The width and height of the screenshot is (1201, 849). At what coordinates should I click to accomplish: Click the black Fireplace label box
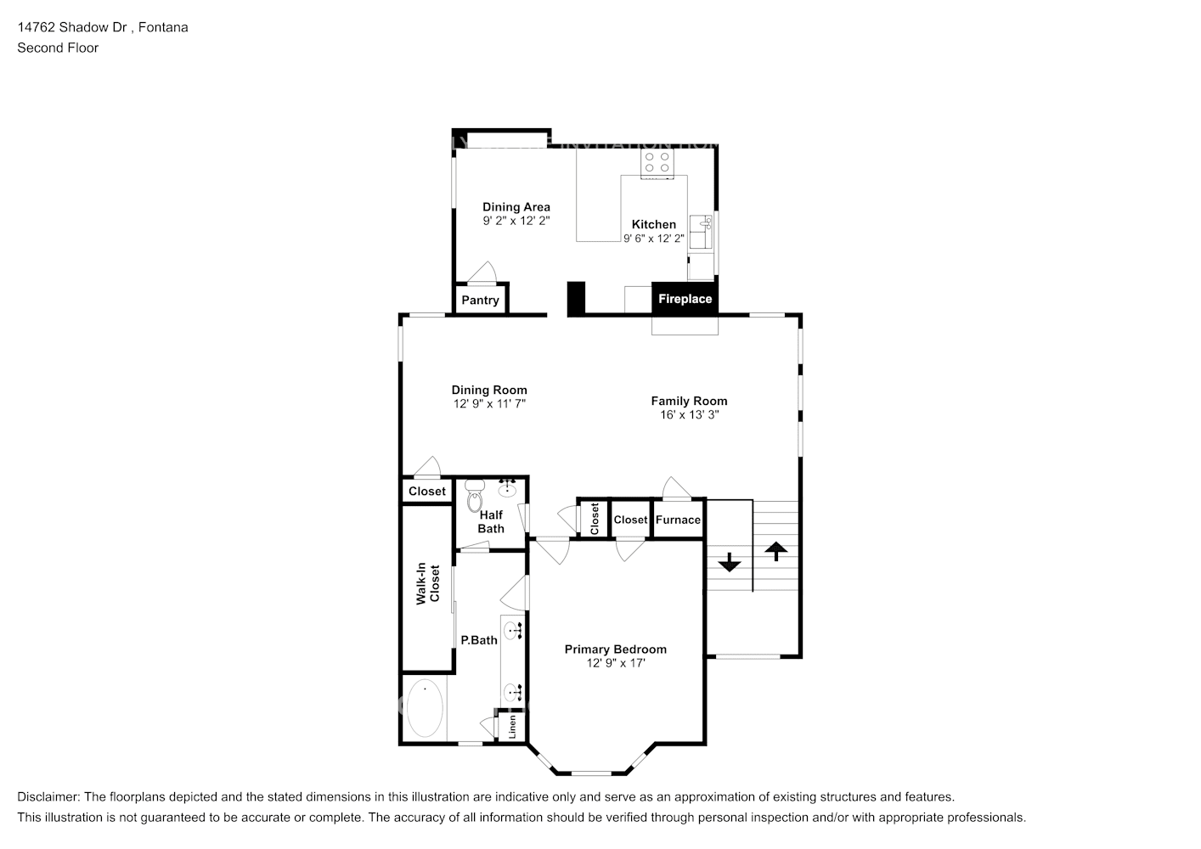point(685,299)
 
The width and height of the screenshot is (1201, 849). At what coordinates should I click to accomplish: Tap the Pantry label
point(480,300)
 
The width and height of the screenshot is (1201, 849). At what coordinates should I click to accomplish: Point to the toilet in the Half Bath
point(474,497)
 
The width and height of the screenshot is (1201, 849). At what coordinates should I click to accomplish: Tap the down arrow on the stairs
point(729,562)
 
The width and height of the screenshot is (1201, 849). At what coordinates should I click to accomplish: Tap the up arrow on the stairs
point(775,551)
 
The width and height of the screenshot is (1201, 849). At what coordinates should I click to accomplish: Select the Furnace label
point(678,520)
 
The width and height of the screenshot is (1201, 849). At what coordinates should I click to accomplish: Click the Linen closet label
point(512,727)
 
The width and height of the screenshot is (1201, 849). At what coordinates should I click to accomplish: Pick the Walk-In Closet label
point(427,584)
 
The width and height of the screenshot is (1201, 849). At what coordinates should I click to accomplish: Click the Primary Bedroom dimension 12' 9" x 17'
point(616,663)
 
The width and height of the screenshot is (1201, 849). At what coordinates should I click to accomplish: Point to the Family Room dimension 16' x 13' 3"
point(689,415)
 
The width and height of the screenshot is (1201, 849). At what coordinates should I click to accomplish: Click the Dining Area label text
point(516,206)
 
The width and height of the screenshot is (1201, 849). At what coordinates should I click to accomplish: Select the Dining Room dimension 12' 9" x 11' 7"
point(489,404)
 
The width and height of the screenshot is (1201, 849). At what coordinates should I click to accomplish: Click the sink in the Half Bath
point(509,487)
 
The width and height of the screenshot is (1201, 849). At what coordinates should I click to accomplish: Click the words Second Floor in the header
point(58,48)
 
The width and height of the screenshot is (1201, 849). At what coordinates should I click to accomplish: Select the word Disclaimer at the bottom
point(48,796)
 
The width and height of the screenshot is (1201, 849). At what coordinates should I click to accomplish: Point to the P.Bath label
point(479,640)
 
